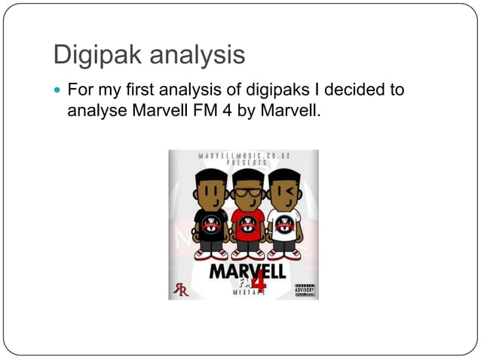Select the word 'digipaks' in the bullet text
pyautogui.click(x=277, y=91)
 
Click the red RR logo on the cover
pyautogui.click(x=181, y=290)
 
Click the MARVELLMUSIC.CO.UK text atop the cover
pyautogui.click(x=243, y=155)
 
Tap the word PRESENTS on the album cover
pyautogui.click(x=243, y=162)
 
